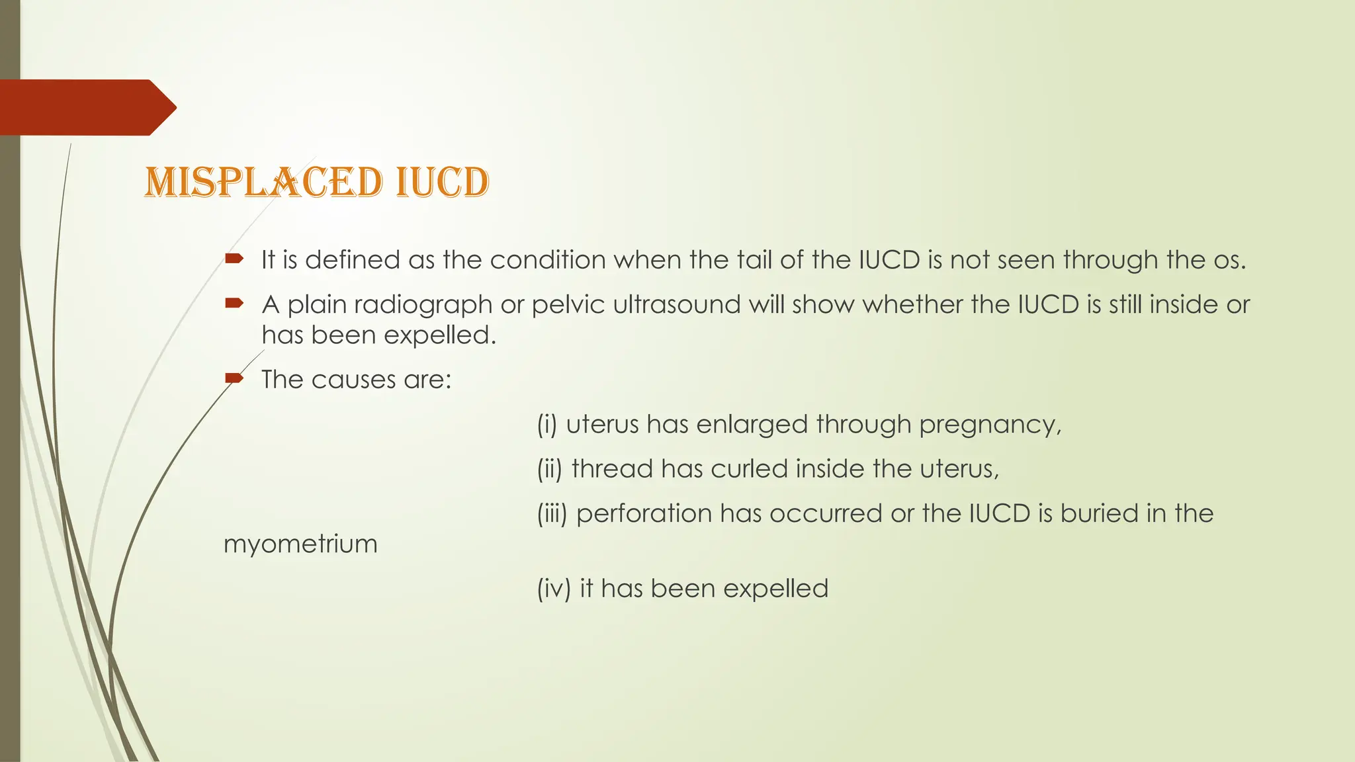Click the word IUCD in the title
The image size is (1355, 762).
[x=442, y=183]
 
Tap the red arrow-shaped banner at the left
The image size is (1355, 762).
[x=86, y=107]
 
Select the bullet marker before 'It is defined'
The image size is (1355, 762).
[x=234, y=259]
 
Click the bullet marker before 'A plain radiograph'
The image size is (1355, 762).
[x=234, y=304]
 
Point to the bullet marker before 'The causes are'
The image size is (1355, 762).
[x=234, y=378]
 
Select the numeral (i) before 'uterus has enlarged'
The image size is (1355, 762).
[x=547, y=425]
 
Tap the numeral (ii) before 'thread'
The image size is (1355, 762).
[x=550, y=469]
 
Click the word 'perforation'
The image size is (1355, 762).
[x=644, y=514]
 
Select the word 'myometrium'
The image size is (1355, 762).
[x=300, y=544]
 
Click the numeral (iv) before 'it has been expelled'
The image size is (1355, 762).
[x=554, y=589]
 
